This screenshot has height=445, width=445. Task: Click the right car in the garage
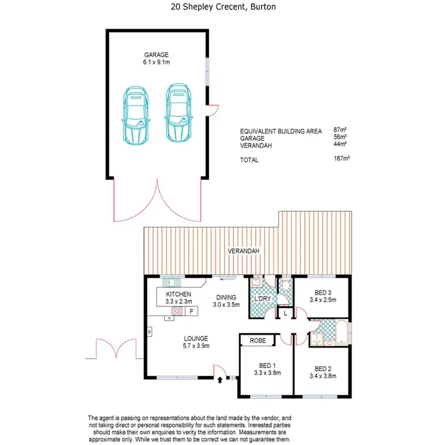point(178,113)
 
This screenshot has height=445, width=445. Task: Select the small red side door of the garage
point(211,109)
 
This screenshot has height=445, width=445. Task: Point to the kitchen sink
point(173,282)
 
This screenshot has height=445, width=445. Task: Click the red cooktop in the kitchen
point(177,311)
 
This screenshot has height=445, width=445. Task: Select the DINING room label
point(225,298)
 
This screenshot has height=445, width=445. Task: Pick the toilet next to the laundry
point(285,286)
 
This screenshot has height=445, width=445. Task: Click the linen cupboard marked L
point(285,312)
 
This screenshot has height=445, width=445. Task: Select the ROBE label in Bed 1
point(257,341)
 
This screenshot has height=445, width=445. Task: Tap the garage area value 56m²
point(339,138)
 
